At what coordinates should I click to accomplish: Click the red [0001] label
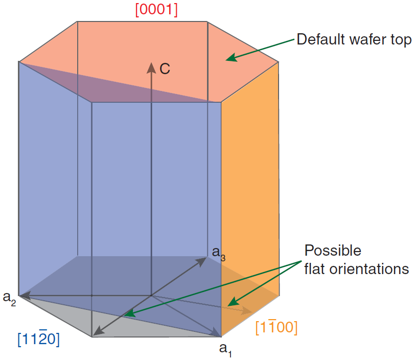[x=156, y=10]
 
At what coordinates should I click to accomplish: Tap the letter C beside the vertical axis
[x=165, y=69]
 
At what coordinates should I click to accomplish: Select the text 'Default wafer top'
[x=354, y=39]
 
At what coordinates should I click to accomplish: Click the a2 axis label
[x=10, y=298]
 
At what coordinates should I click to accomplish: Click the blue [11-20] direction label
[x=38, y=339]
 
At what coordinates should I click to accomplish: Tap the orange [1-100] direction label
[x=277, y=327]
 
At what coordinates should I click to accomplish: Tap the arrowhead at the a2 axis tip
[x=24, y=295]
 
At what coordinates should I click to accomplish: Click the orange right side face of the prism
[x=250, y=194]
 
